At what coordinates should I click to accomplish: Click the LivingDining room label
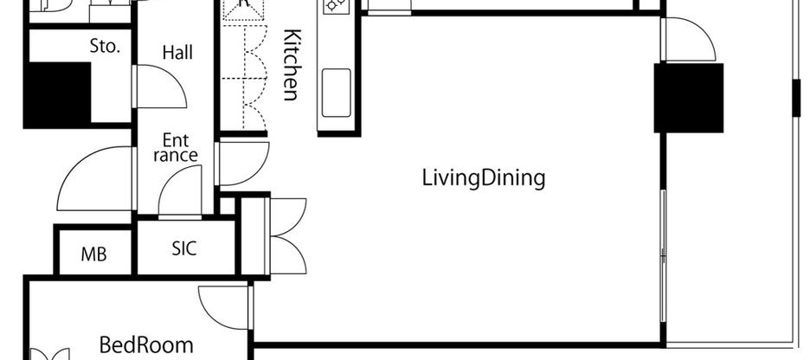pos(484,179)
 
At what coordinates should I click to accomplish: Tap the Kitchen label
pos(292,66)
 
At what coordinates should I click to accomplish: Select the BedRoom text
pos(146,344)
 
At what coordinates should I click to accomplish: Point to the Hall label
pos(177,53)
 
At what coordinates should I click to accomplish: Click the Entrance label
pos(176,147)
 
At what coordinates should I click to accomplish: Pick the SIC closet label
pos(183,249)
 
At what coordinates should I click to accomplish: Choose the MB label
pos(93,254)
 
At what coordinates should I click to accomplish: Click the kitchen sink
pos(336,90)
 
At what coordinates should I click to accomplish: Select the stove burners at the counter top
pos(335,8)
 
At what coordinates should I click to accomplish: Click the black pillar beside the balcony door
pos(689,98)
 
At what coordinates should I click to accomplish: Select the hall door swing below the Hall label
pos(159,87)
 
